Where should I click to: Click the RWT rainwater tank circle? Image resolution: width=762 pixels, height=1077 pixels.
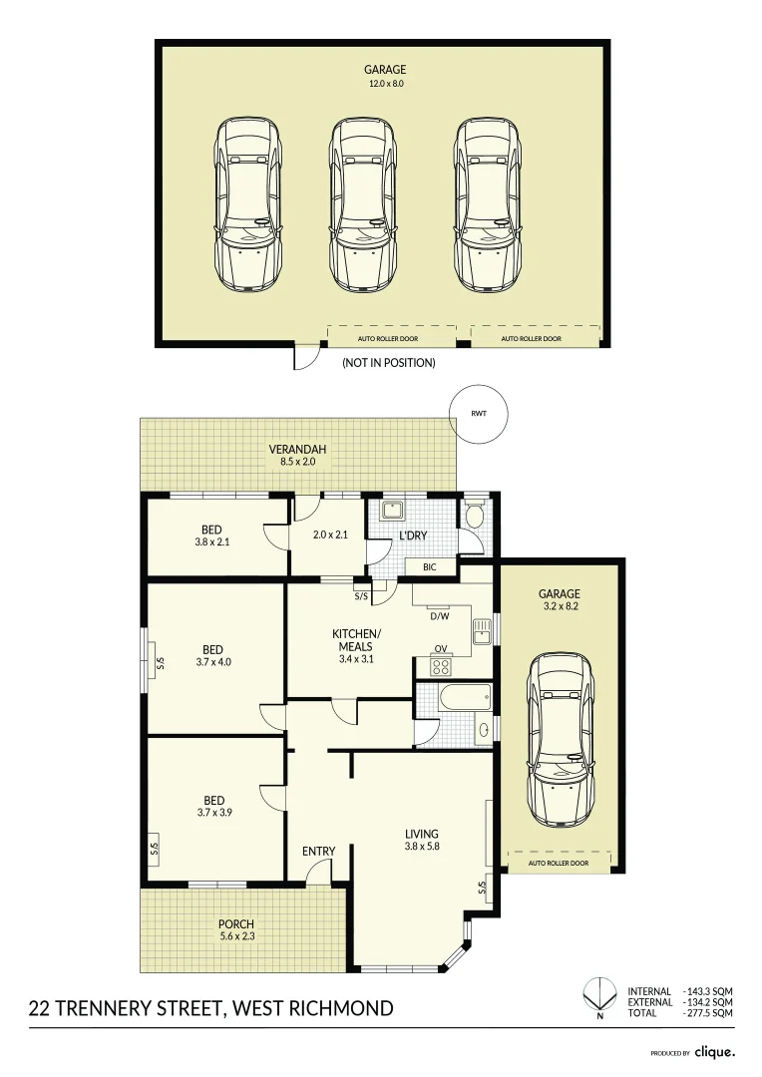tap(479, 413)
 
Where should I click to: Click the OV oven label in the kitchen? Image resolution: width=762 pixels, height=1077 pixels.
tap(440, 648)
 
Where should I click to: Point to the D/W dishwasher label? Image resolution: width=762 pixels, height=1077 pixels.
tap(440, 615)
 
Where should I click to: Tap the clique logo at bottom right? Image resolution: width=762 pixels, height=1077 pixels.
tap(715, 1051)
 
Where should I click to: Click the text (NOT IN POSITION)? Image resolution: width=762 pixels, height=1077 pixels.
tap(388, 363)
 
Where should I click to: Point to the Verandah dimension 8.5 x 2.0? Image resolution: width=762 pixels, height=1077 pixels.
tap(297, 462)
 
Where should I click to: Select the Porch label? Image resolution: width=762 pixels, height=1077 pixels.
tap(236, 923)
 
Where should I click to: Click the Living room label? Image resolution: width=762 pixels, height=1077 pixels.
tap(421, 834)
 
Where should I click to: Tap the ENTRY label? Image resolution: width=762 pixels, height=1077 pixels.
tap(318, 851)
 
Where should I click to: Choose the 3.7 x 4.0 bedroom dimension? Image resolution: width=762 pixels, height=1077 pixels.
tap(212, 661)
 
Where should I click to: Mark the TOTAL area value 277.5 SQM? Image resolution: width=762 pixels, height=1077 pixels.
tap(710, 1012)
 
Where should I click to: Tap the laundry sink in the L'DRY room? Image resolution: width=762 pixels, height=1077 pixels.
tap(393, 511)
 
